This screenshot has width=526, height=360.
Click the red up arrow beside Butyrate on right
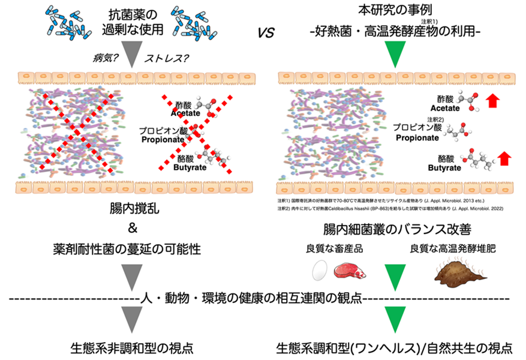coord(505,159)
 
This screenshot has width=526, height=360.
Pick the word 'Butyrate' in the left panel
coord(188,167)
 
